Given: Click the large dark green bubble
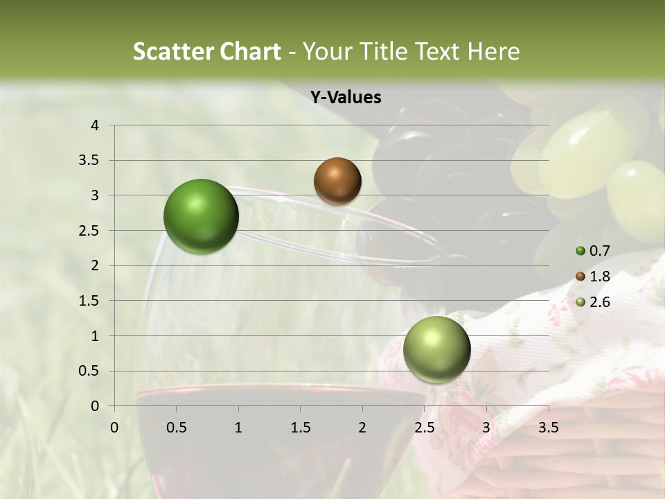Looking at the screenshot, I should (x=201, y=216).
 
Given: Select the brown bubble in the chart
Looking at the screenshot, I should (x=337, y=181).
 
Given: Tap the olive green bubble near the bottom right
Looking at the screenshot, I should (x=436, y=349).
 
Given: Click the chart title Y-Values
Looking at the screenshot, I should (x=346, y=98).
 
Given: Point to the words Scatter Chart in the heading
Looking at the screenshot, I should (x=206, y=51).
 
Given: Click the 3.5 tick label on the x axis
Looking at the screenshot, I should (x=548, y=428).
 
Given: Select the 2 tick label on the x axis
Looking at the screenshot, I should (x=362, y=428).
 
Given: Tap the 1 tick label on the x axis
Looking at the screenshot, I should (x=238, y=428).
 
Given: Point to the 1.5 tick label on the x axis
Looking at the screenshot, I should (x=300, y=428).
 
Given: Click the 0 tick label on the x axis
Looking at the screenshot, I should (x=114, y=428).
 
